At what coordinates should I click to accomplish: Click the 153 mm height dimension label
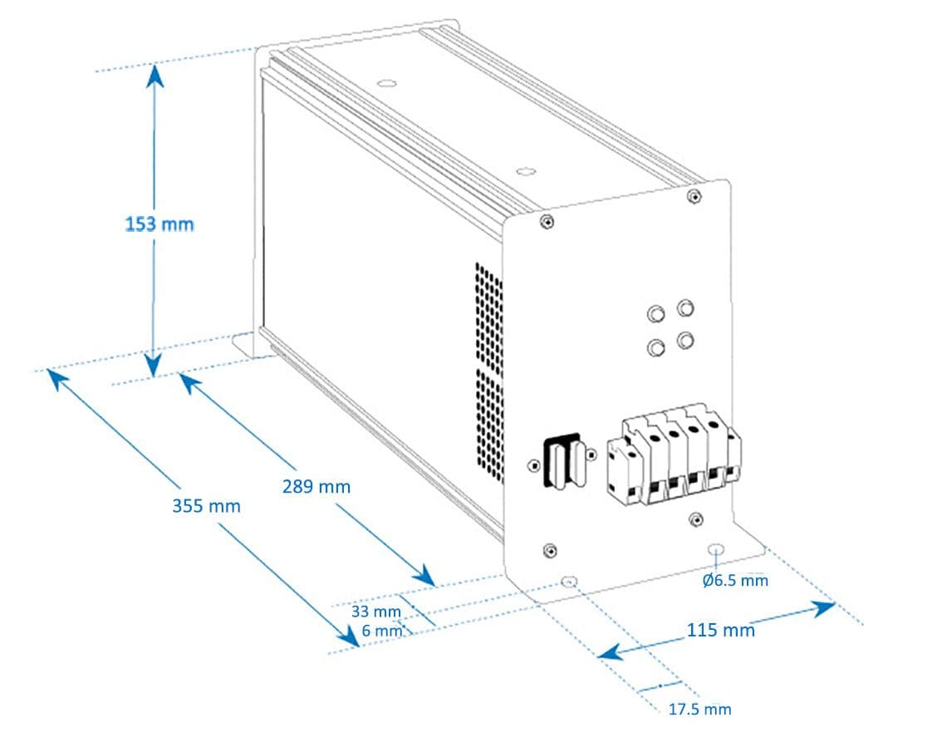159,224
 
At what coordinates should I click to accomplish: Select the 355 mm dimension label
206,505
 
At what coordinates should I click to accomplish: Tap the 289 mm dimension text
316,487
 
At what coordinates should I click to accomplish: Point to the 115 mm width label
720,630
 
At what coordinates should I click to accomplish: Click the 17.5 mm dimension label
699,709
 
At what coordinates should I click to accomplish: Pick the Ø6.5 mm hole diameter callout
735,580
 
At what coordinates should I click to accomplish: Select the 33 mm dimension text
375,612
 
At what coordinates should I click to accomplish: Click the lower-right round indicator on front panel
685,340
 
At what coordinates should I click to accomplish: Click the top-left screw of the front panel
546,222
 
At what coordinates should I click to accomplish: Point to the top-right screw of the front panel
693,196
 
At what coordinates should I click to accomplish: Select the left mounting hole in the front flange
570,582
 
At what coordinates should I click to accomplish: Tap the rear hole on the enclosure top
385,83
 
